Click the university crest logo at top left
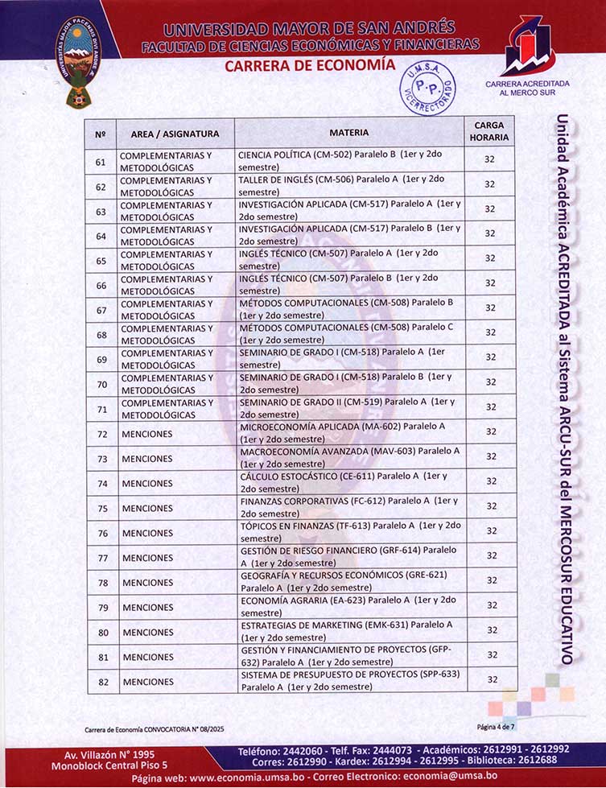point(78,62)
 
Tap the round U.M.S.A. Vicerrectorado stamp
point(427,88)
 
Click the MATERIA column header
point(348,132)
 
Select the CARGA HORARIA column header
point(489,132)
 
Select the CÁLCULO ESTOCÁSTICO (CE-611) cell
point(348,482)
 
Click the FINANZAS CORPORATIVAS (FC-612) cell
point(348,507)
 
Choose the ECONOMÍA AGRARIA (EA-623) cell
point(348,606)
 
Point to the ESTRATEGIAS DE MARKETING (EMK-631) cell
point(348,631)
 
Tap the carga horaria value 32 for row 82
point(490,680)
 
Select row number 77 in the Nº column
point(102,558)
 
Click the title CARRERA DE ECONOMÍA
point(310,65)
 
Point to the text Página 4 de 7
point(498,726)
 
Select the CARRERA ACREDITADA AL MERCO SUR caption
point(527,88)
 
